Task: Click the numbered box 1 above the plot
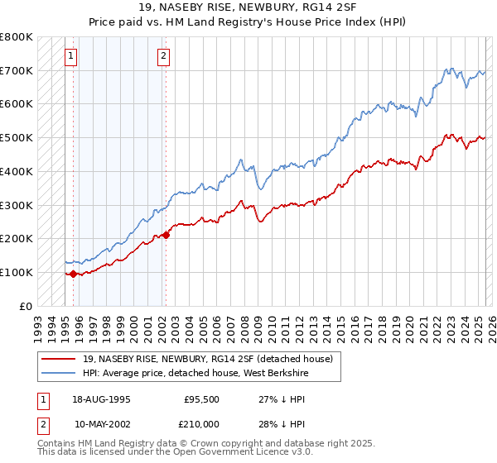70,56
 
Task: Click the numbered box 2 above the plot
163,56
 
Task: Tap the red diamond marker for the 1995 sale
74,274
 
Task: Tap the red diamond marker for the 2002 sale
166,235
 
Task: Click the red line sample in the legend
57,359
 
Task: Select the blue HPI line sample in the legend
57,373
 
